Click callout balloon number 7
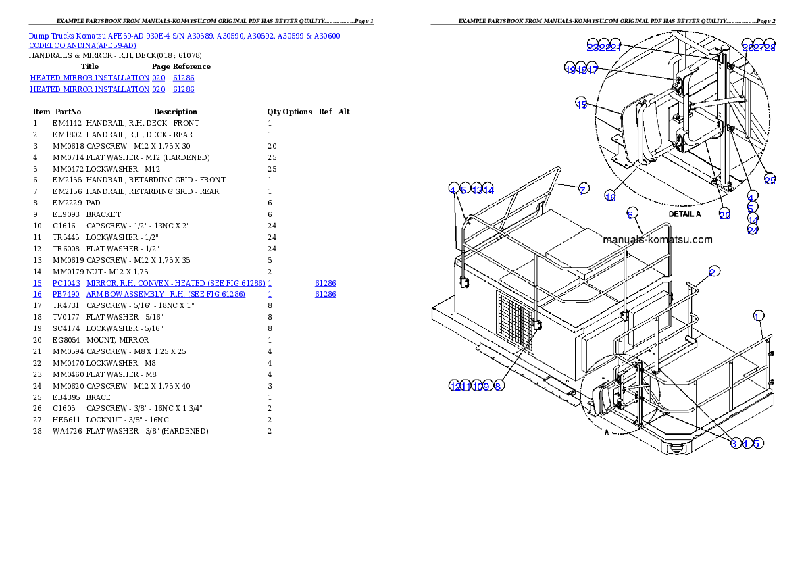(582, 189)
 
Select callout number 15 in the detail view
(582, 103)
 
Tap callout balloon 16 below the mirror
(610, 197)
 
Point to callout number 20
(724, 214)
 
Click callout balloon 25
(770, 180)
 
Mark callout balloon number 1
(758, 316)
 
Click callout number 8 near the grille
(498, 386)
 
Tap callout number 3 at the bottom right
(734, 443)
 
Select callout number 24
(753, 230)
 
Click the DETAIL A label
(684, 214)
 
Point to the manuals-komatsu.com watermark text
(657, 239)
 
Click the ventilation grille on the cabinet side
(514, 323)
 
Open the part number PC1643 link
(66, 283)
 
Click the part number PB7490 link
(66, 295)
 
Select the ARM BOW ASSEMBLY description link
(166, 295)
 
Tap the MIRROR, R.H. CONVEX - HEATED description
(175, 283)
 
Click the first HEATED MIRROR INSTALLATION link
(90, 78)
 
